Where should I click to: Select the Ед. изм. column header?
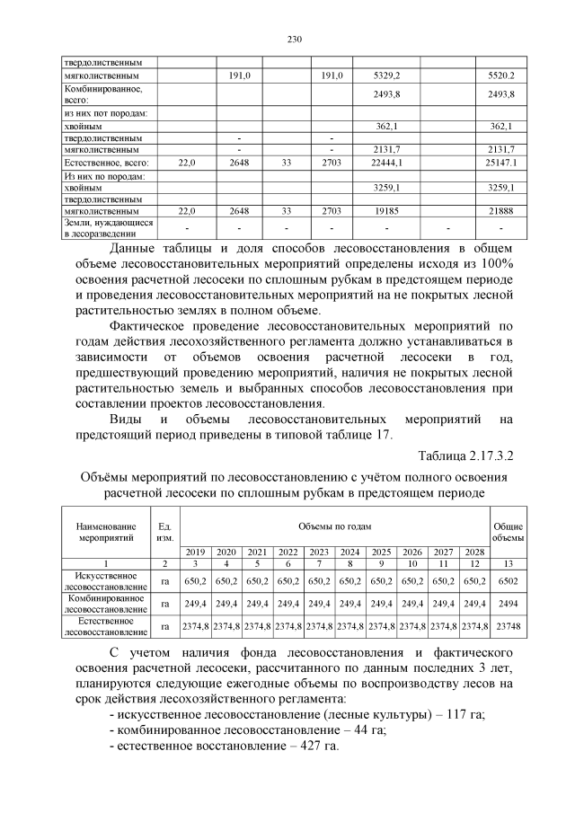(164, 530)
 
